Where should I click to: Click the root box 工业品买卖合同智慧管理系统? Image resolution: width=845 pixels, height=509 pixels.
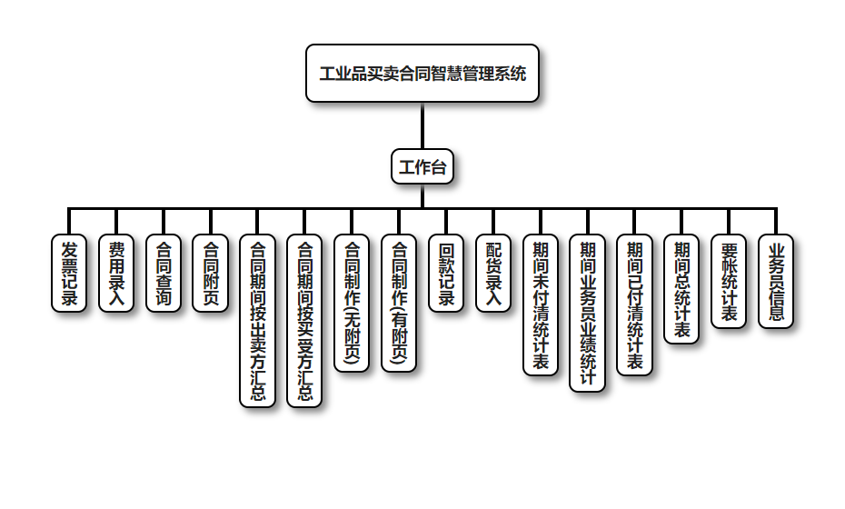[x=422, y=73]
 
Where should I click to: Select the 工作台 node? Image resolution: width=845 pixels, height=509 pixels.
[x=422, y=166]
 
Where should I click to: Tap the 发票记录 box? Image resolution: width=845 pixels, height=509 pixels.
[x=69, y=273]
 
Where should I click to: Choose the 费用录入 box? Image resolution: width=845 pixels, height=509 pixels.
[x=116, y=273]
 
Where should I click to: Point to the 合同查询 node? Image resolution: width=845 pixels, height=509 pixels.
[x=164, y=273]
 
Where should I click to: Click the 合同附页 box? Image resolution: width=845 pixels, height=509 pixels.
[x=210, y=273]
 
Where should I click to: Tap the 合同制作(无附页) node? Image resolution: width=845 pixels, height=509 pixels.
[x=352, y=303]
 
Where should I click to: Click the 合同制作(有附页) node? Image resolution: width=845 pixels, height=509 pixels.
[x=399, y=303]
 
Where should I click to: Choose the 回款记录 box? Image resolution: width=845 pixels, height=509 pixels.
[x=446, y=273]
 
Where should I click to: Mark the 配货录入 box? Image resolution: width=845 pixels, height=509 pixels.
[x=493, y=273]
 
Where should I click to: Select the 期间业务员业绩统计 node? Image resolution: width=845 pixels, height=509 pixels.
[x=588, y=312]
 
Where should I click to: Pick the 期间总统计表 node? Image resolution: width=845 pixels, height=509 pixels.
[x=681, y=288]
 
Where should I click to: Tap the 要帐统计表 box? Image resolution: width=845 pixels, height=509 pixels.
[x=729, y=281]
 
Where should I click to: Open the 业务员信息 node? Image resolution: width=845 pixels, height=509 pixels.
[x=776, y=281]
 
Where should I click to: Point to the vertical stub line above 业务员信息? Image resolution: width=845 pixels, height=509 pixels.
[x=776, y=221]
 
